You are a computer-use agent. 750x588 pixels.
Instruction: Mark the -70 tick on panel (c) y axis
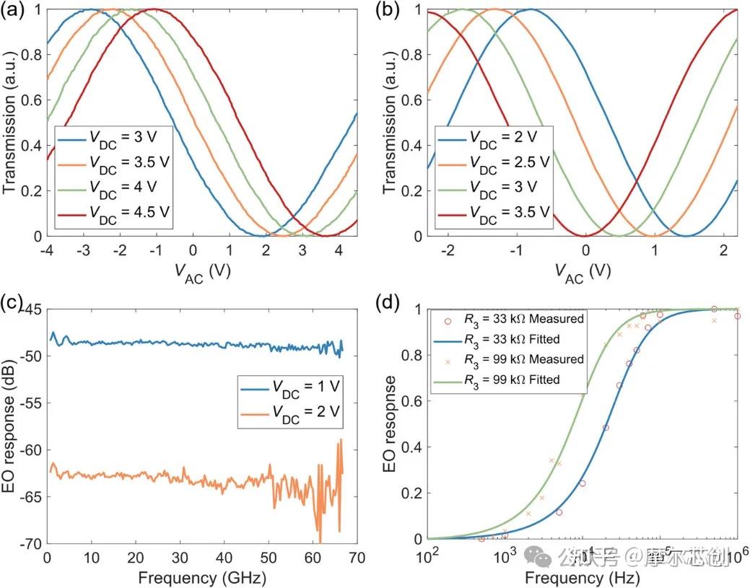31,543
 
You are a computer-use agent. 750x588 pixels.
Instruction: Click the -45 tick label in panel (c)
31,310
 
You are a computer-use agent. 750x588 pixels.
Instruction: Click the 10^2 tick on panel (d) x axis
429,558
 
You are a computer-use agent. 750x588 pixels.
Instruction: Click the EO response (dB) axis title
10,426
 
